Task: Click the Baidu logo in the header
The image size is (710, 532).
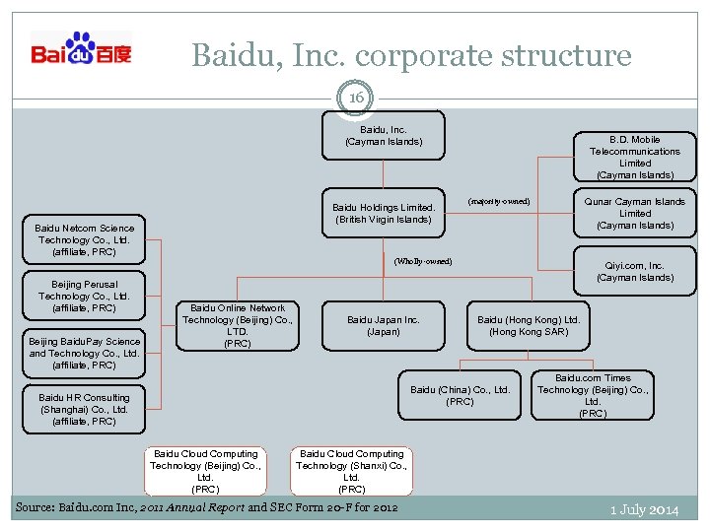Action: point(81,49)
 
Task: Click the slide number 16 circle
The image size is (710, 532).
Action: point(355,99)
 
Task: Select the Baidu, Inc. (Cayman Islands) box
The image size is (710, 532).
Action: point(384,136)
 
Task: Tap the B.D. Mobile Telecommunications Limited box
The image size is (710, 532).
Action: point(635,157)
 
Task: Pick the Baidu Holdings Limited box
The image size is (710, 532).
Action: point(384,213)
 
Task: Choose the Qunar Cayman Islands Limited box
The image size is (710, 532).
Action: point(635,213)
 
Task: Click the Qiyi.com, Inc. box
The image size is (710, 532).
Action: point(635,271)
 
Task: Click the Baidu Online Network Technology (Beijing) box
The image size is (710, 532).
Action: point(238,325)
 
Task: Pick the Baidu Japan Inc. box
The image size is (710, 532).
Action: point(384,325)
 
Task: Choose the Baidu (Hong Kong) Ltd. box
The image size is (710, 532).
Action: point(529,325)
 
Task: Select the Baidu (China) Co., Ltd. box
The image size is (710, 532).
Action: point(461,395)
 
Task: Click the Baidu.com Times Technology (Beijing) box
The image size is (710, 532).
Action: point(593,395)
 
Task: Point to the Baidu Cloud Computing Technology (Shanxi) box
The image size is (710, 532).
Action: point(352,471)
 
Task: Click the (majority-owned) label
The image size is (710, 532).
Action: point(498,202)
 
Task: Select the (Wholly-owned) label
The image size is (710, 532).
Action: point(423,261)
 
